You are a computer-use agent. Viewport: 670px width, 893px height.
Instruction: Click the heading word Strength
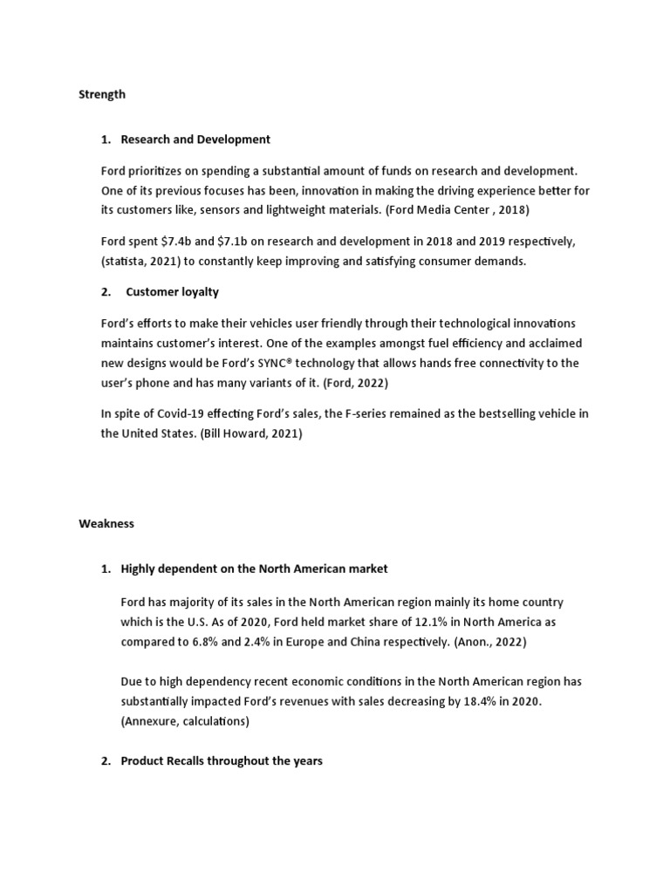(x=102, y=94)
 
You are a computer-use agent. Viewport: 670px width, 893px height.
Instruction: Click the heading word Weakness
(x=106, y=524)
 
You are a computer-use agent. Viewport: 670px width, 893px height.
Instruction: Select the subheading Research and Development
(x=195, y=140)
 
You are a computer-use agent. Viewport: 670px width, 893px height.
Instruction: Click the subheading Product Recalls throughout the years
(x=222, y=761)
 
